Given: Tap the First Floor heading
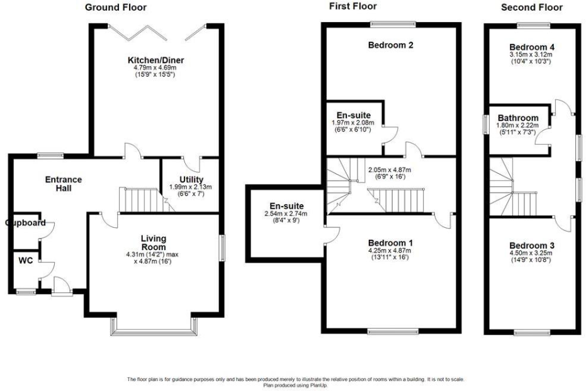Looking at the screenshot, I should click(352, 6).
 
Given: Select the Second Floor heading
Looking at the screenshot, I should click(531, 8).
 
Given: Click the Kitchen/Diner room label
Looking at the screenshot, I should click(155, 60).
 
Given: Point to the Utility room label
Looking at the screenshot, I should click(191, 179).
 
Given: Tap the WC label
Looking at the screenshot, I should click(26, 260).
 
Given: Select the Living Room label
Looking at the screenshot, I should click(153, 242).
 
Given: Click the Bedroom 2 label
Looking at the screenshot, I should click(390, 45).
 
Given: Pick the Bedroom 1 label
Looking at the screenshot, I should click(390, 242).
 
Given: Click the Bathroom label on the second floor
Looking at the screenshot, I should click(517, 118).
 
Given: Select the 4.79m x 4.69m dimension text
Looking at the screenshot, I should click(155, 68).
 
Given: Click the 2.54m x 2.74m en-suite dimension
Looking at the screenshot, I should click(286, 214).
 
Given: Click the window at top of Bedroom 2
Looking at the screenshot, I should click(392, 25).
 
